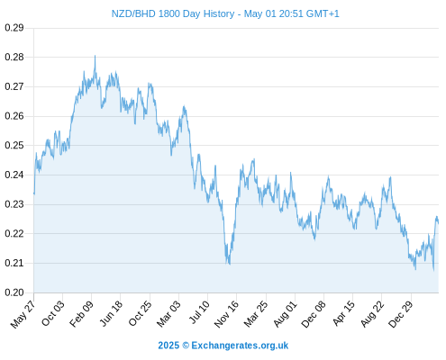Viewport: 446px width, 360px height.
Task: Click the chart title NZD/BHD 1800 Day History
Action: [x=173, y=13]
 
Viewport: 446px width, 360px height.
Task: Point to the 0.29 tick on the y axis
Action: [x=14, y=28]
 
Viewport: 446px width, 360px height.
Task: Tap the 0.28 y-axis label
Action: [x=14, y=57]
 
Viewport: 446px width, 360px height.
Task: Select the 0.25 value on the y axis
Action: [x=14, y=145]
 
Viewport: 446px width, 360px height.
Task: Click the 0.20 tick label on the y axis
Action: [x=14, y=292]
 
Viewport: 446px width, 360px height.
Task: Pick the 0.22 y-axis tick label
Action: [x=14, y=233]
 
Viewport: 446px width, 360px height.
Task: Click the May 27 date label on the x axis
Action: [x=23, y=314]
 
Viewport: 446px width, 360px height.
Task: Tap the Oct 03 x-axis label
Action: [x=53, y=313]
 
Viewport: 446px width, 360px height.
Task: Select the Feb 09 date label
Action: [x=82, y=314]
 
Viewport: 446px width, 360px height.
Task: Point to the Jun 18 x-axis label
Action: [x=111, y=313]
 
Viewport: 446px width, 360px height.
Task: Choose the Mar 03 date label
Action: [x=169, y=314]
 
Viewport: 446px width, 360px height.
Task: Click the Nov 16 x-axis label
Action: [x=227, y=314]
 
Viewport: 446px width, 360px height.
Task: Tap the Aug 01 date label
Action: [x=286, y=314]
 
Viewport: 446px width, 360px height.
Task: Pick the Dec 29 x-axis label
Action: [x=401, y=314]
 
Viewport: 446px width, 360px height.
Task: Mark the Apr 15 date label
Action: [x=344, y=313]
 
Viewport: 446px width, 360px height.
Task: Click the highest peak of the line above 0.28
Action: [x=96, y=56]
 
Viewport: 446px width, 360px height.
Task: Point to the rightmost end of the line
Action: [x=439, y=223]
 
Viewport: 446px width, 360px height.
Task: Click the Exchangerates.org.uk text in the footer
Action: [x=240, y=346]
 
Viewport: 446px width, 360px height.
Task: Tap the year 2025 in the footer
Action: [x=168, y=346]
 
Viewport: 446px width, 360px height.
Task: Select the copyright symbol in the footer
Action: [x=186, y=346]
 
